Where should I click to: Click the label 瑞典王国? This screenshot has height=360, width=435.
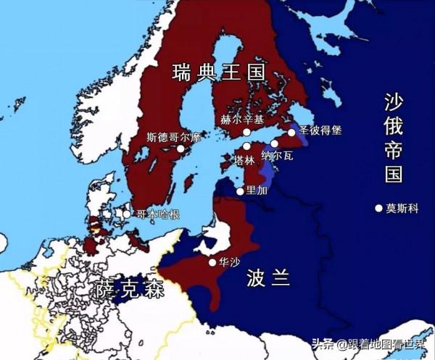pos(218,72)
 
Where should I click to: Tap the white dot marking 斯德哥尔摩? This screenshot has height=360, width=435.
pos(191,148)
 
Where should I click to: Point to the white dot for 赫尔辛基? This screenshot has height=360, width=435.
pos(246,133)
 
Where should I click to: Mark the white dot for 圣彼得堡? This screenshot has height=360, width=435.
pos(291,132)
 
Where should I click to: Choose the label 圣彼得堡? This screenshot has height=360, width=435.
pos(320,131)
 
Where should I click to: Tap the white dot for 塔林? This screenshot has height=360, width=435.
pos(246,146)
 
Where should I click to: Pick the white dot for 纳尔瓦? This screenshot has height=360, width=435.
pos(274,143)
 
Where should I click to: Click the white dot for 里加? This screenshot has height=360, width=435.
pos(240,191)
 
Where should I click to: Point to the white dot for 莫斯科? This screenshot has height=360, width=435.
pos(378,208)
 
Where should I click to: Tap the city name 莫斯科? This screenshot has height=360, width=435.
pos(402,208)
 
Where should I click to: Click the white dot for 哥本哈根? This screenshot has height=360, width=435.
pos(126,214)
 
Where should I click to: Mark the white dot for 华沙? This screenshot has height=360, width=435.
pos(212,262)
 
